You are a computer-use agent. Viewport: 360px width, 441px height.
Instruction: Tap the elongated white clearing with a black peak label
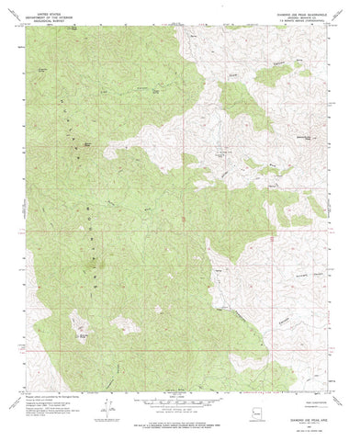point(84,332)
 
